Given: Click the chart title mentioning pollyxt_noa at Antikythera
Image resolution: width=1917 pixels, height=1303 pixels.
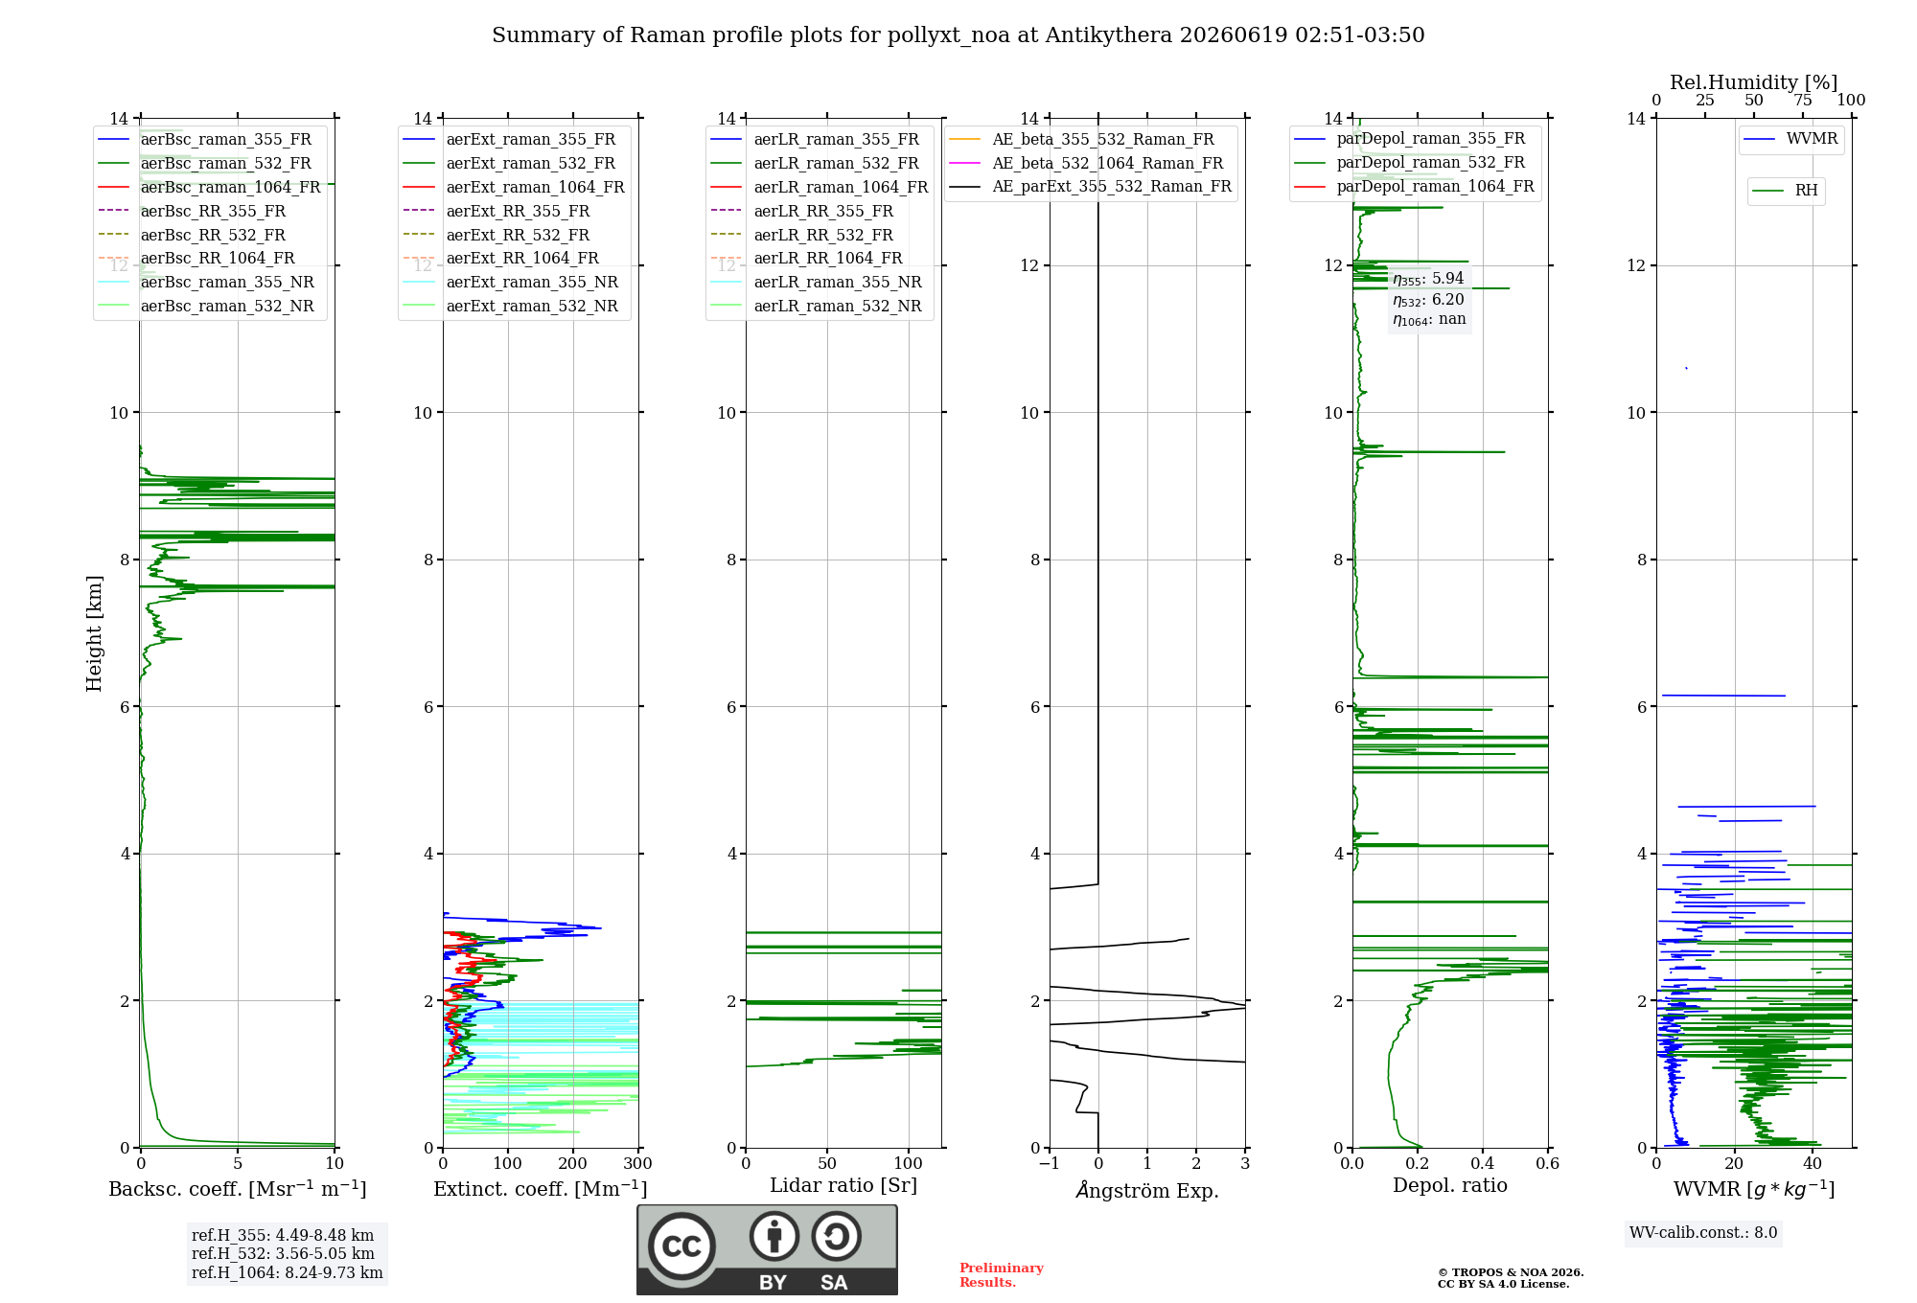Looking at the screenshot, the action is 958,35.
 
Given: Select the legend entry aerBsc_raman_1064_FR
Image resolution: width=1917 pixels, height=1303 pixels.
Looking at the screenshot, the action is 209,187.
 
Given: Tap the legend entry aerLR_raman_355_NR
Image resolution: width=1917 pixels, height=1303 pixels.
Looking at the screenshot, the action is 817,282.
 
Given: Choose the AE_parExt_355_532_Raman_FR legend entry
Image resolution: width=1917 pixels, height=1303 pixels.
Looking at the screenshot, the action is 1091,186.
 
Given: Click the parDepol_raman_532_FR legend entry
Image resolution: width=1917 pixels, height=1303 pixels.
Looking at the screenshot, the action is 1410,162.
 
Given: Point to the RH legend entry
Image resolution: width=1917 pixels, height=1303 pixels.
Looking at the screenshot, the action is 1786,191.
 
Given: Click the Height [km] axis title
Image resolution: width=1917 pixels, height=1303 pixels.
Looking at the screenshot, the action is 94,633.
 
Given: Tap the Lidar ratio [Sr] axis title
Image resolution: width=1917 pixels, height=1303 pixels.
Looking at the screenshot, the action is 843,1185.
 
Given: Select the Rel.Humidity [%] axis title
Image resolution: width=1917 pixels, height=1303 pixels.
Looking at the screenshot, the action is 1754,82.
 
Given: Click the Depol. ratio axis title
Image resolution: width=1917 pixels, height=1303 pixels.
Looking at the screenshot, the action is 1450,1185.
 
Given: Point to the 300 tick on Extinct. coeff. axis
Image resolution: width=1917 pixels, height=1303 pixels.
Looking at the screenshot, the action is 637,1163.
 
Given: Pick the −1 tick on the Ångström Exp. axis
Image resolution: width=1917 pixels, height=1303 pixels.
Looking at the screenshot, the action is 1049,1163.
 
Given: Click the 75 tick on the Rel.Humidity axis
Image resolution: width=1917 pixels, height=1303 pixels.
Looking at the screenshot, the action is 1803,100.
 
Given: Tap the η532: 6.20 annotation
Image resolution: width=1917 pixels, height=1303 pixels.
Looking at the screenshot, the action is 1428,299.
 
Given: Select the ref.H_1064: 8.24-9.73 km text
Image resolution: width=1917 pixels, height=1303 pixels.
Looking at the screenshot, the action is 288,1272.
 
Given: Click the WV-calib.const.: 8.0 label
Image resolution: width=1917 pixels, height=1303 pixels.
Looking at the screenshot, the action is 1703,1232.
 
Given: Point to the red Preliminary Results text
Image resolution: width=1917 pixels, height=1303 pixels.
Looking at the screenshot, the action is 1002,1275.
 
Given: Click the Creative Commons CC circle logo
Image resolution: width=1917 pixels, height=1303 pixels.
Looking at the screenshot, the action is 681,1246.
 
